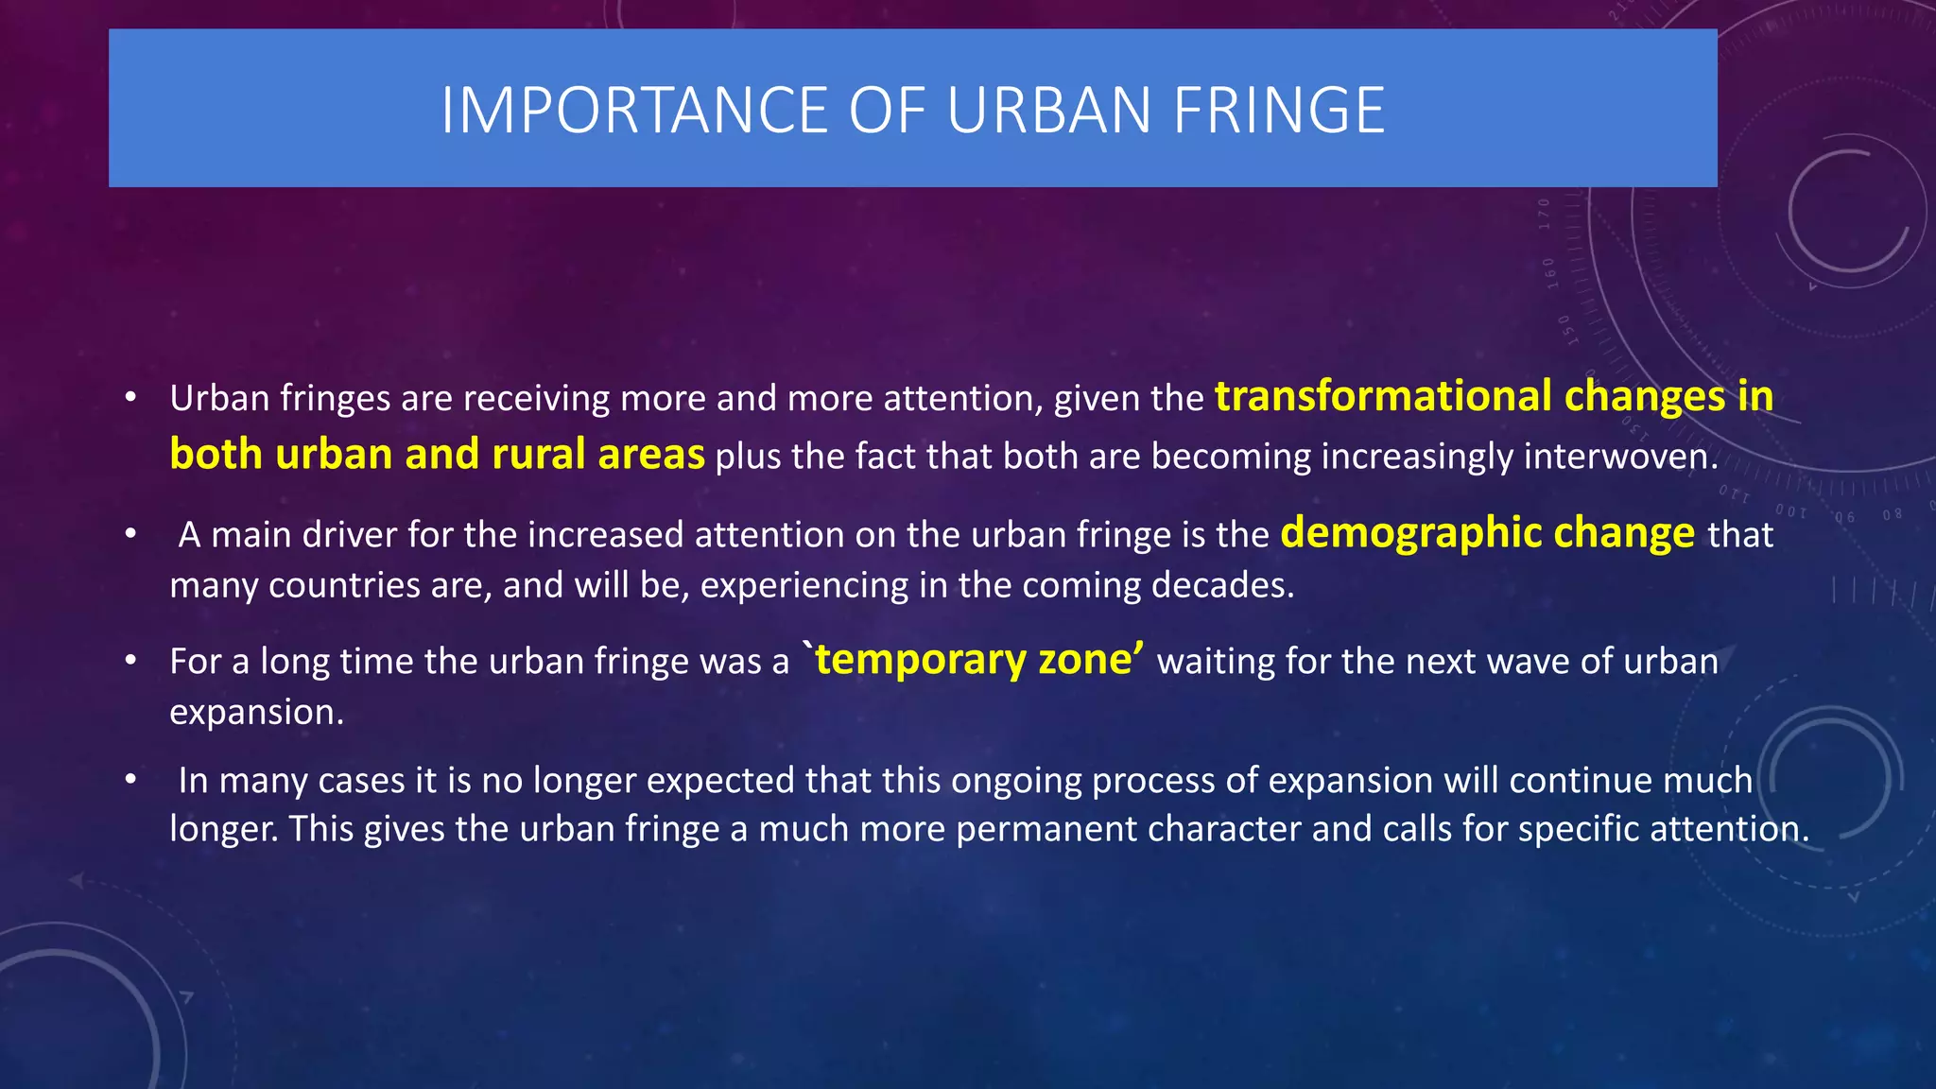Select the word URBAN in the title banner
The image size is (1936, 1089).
1048,111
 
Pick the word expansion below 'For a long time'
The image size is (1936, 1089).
255,712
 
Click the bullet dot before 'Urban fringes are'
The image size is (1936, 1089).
131,397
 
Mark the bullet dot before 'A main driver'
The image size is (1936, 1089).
131,535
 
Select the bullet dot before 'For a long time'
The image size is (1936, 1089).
131,661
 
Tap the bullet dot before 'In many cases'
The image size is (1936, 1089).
131,781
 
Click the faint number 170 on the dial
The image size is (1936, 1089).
1544,215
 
